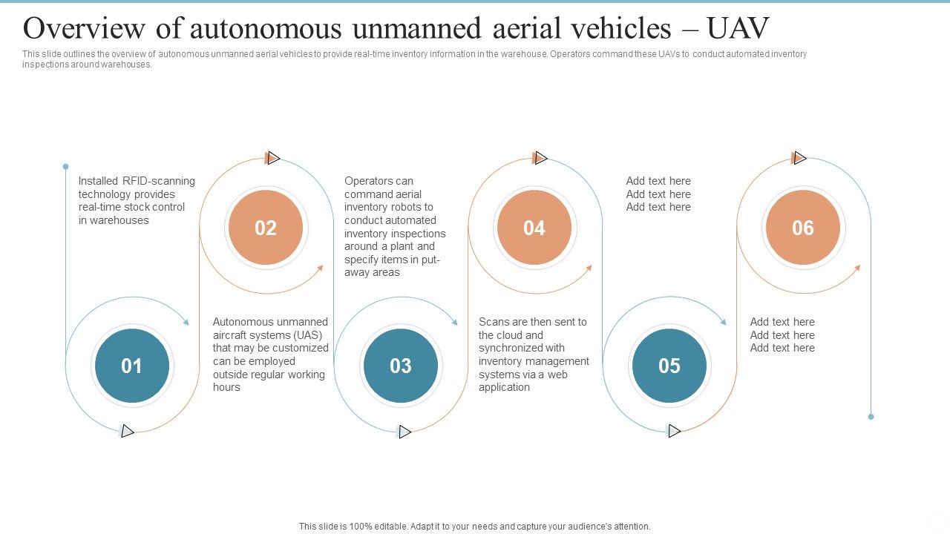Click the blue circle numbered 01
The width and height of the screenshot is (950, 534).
[132, 366]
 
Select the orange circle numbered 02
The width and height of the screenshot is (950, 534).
[266, 228]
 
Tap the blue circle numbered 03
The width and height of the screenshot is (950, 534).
[401, 366]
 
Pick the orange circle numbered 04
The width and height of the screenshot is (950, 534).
[534, 228]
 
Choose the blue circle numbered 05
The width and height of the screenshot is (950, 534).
[669, 366]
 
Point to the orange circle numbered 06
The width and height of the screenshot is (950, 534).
[803, 228]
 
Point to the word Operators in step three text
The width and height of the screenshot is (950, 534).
[369, 181]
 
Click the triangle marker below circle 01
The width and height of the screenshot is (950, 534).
[128, 431]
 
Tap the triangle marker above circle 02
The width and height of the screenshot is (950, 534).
[273, 158]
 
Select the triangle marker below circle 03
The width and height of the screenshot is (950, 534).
[404, 432]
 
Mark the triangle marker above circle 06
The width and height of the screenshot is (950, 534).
[799, 158]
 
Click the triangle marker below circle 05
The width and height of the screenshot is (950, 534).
[674, 431]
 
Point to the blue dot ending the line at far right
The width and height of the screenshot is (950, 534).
[871, 417]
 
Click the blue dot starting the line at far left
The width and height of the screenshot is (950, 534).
[65, 167]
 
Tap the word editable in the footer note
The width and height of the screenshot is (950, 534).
[385, 527]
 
